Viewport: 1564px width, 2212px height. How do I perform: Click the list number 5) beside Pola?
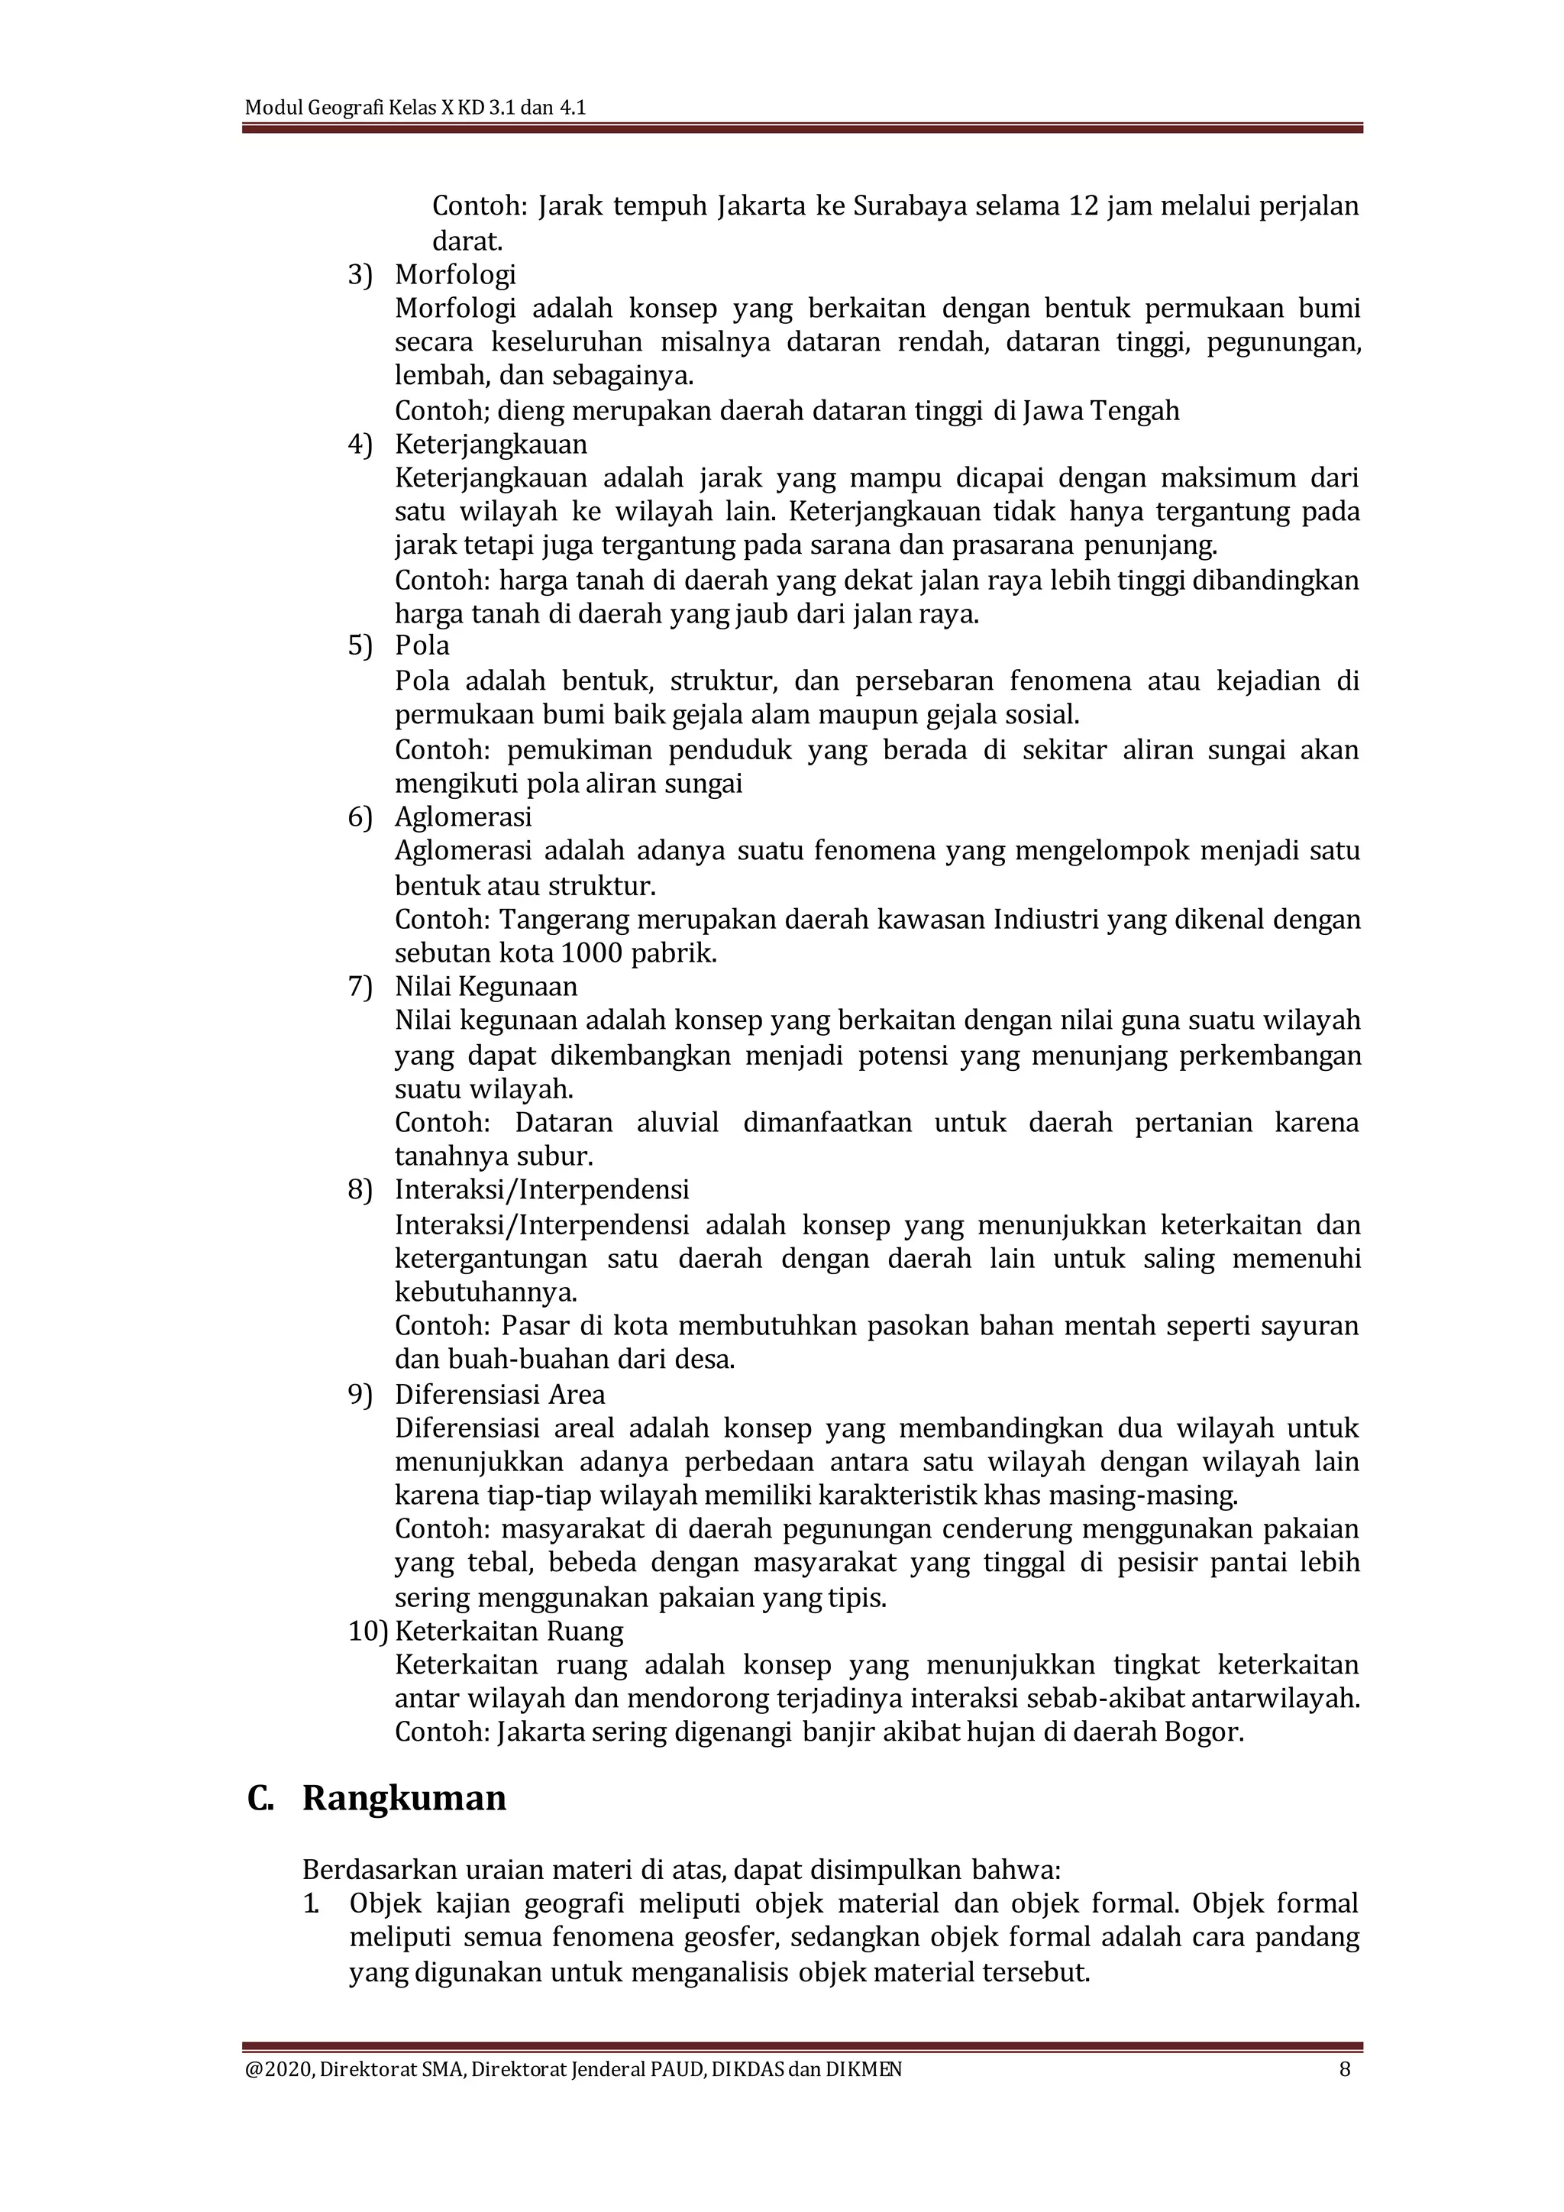360,645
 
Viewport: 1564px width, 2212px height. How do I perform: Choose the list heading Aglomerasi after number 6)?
464,817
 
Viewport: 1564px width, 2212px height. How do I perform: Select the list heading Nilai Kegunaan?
486,987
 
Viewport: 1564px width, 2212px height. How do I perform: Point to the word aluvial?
677,1122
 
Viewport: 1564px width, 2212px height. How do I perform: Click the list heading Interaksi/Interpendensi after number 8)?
541,1190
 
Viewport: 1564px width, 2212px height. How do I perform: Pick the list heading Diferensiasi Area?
500,1394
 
